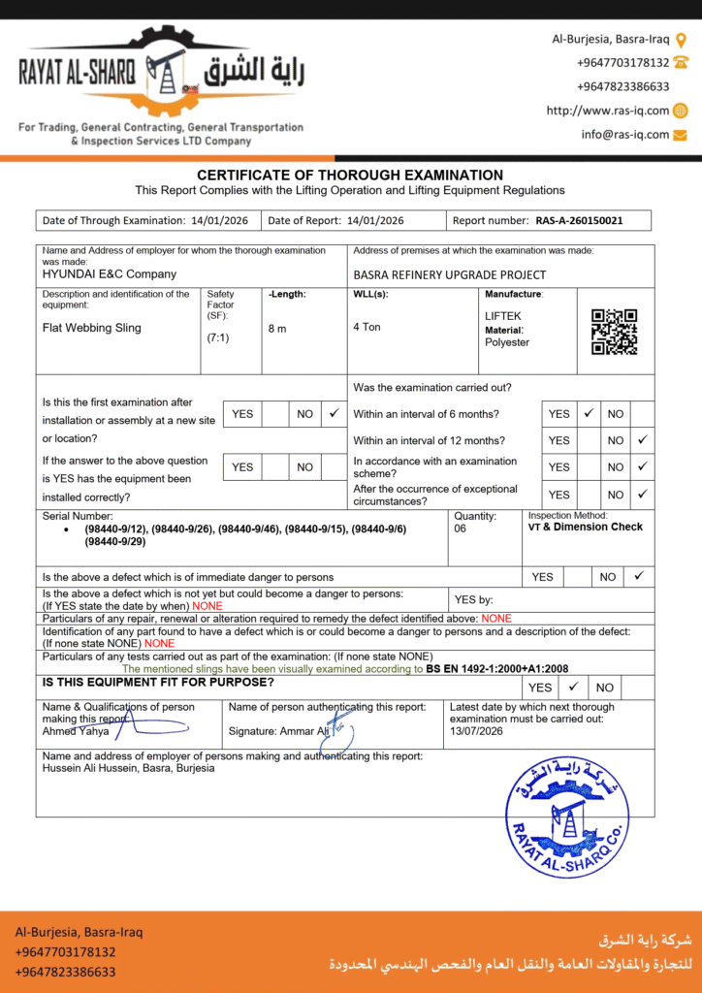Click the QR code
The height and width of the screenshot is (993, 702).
[614, 332]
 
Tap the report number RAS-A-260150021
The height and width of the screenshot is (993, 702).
[579, 221]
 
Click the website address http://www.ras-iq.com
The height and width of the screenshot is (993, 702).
[607, 111]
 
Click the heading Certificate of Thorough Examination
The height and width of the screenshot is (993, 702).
[350, 176]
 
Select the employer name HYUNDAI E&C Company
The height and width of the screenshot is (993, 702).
[110, 274]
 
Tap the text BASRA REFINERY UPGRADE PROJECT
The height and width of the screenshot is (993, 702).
[449, 274]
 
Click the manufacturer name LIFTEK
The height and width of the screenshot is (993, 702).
[503, 316]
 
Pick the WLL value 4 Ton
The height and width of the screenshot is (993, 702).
[367, 328]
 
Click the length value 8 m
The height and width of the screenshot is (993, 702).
[277, 329]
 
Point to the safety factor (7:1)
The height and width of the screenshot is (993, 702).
[218, 338]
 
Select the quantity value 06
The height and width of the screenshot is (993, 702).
[462, 529]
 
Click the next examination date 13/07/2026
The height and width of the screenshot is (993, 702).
[477, 731]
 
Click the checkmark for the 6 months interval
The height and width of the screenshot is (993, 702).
[588, 413]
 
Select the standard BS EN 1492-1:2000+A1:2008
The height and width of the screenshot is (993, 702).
[497, 669]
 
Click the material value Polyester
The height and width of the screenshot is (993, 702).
[507, 342]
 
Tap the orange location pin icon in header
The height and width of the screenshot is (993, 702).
[681, 40]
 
